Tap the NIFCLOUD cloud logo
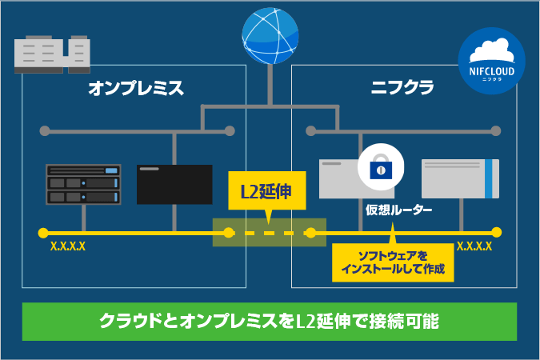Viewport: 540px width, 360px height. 491,60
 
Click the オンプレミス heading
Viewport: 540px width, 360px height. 135,88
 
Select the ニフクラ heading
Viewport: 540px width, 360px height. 402,88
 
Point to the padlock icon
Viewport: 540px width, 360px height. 380,166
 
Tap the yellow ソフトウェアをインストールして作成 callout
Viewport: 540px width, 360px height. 393,263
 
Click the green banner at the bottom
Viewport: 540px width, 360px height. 270,322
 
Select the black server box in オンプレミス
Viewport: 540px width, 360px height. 174,185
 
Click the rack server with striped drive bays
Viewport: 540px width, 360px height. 83,185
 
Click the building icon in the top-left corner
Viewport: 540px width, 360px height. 52,53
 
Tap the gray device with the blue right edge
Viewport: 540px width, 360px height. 459,178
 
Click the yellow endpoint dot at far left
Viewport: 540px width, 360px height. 42,233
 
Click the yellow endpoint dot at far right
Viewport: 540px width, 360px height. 497,233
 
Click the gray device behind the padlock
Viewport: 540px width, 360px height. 340,178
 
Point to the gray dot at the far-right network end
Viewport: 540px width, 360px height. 496,130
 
